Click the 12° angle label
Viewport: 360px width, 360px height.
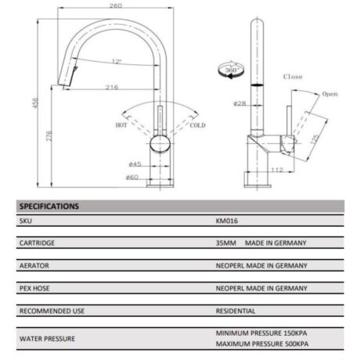click(117, 61)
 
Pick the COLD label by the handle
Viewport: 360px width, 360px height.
click(197, 124)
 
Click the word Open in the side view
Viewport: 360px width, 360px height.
click(330, 94)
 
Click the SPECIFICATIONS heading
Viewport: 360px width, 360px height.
click(48, 207)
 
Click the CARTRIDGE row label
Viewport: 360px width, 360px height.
click(37, 244)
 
